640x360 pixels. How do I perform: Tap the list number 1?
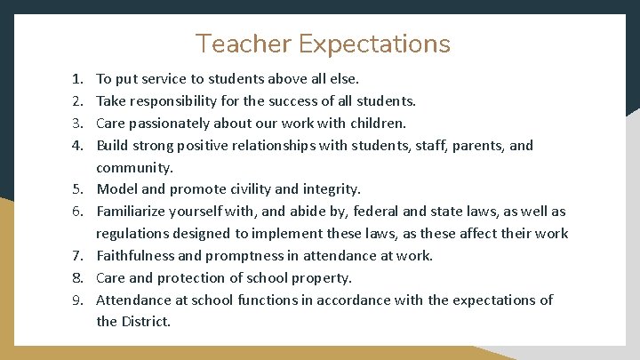click(x=77, y=79)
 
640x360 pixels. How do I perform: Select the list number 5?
click(x=77, y=189)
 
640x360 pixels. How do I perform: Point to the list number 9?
click(x=77, y=300)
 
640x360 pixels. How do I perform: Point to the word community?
click(x=133, y=167)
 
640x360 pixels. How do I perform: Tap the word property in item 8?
click(x=321, y=278)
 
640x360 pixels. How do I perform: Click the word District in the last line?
click(x=146, y=322)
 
